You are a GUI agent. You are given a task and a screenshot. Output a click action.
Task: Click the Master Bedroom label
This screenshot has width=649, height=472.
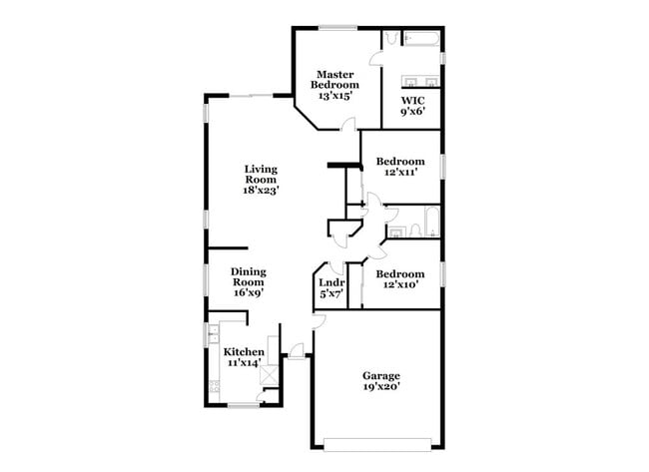coord(336,85)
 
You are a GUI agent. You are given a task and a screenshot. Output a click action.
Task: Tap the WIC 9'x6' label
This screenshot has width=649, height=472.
coord(413,106)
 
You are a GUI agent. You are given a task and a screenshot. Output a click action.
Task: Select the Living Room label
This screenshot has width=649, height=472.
coord(262,179)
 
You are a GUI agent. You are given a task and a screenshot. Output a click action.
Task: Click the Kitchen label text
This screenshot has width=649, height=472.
coord(244,356)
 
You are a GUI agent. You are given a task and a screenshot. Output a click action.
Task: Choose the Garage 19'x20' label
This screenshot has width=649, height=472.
coord(379,380)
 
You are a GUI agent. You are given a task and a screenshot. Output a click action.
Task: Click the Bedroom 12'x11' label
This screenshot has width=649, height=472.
coord(399,167)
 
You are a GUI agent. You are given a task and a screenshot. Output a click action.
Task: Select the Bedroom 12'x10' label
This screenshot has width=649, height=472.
coord(399,278)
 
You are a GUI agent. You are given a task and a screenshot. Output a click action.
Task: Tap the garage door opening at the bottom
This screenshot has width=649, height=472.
coord(378,442)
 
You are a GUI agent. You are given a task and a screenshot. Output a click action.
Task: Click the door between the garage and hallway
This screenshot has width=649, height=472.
coord(318,319)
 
